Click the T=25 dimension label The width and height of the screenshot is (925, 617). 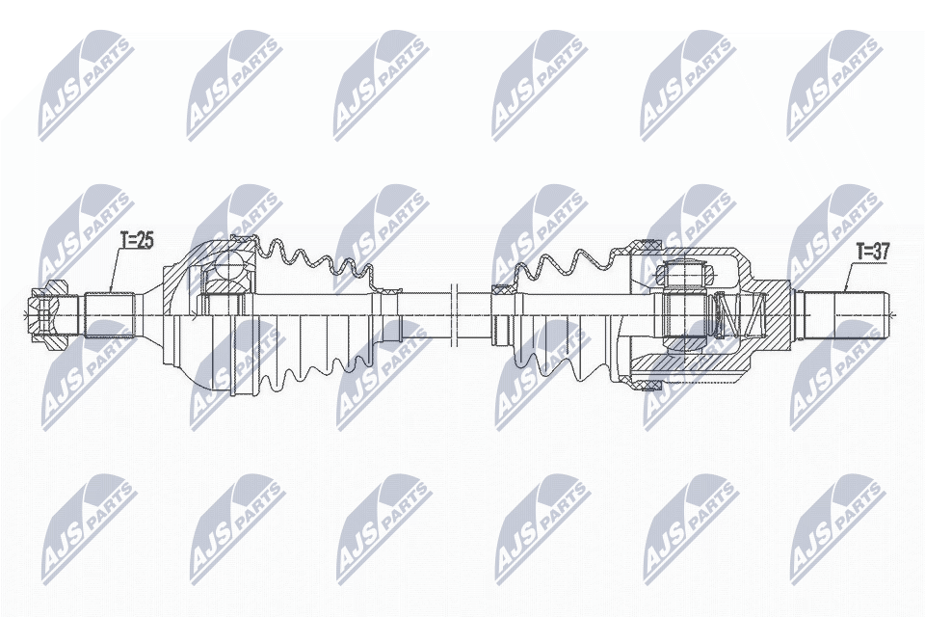click(x=137, y=241)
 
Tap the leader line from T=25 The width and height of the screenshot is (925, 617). click(x=116, y=270)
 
